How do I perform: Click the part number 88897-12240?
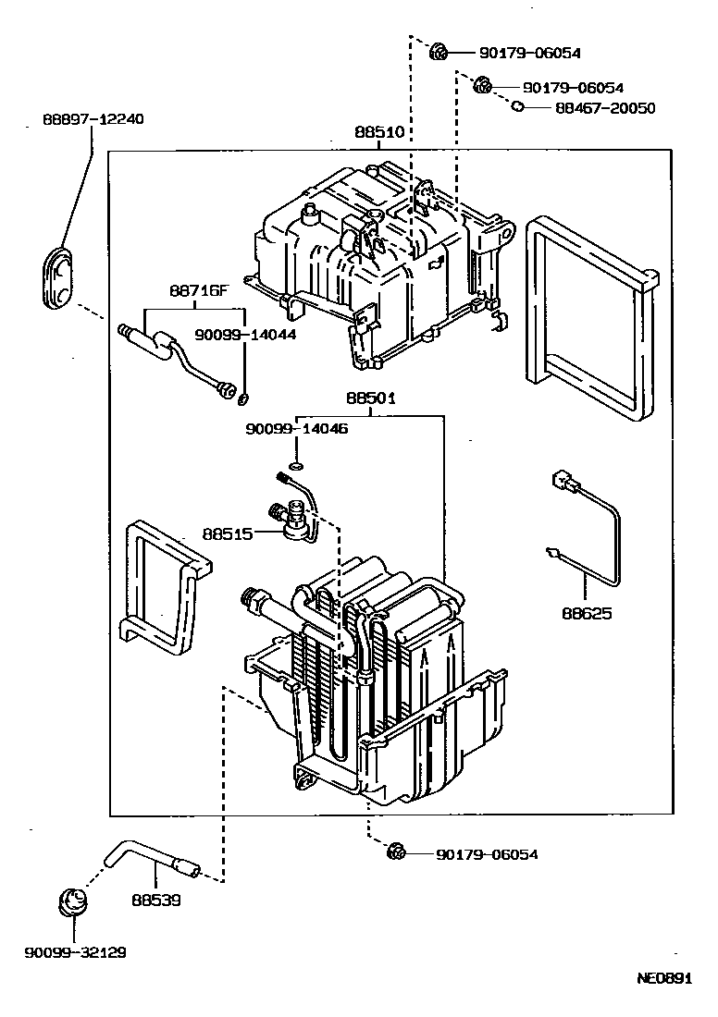93,119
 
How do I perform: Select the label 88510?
379,132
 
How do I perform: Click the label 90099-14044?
244,334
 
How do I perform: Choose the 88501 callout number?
371,398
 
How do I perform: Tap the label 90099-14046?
296,429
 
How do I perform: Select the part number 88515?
228,533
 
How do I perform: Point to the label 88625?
586,613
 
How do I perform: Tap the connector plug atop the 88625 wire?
561,481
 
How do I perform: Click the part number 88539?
155,899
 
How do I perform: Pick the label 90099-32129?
76,952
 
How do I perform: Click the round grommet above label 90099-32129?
73,901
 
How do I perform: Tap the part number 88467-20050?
605,108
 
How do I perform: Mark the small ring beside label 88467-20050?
518,107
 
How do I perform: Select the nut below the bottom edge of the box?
396,852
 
